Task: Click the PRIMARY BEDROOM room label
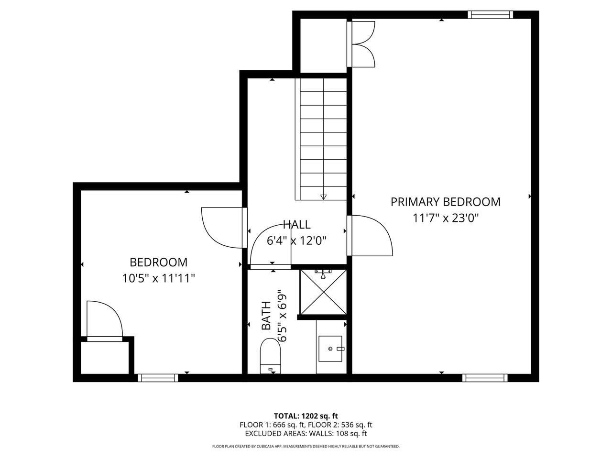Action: click(x=445, y=202)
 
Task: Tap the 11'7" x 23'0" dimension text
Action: click(x=445, y=219)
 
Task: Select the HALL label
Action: click(x=296, y=224)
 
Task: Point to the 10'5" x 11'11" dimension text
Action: click(x=159, y=278)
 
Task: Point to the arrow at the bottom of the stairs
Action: click(x=323, y=196)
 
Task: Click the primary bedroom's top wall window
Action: click(x=490, y=14)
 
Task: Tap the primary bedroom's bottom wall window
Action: click(x=484, y=378)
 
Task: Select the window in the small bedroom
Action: click(x=158, y=378)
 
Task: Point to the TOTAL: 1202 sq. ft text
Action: click(x=306, y=415)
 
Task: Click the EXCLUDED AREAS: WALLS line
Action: click(x=306, y=434)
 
